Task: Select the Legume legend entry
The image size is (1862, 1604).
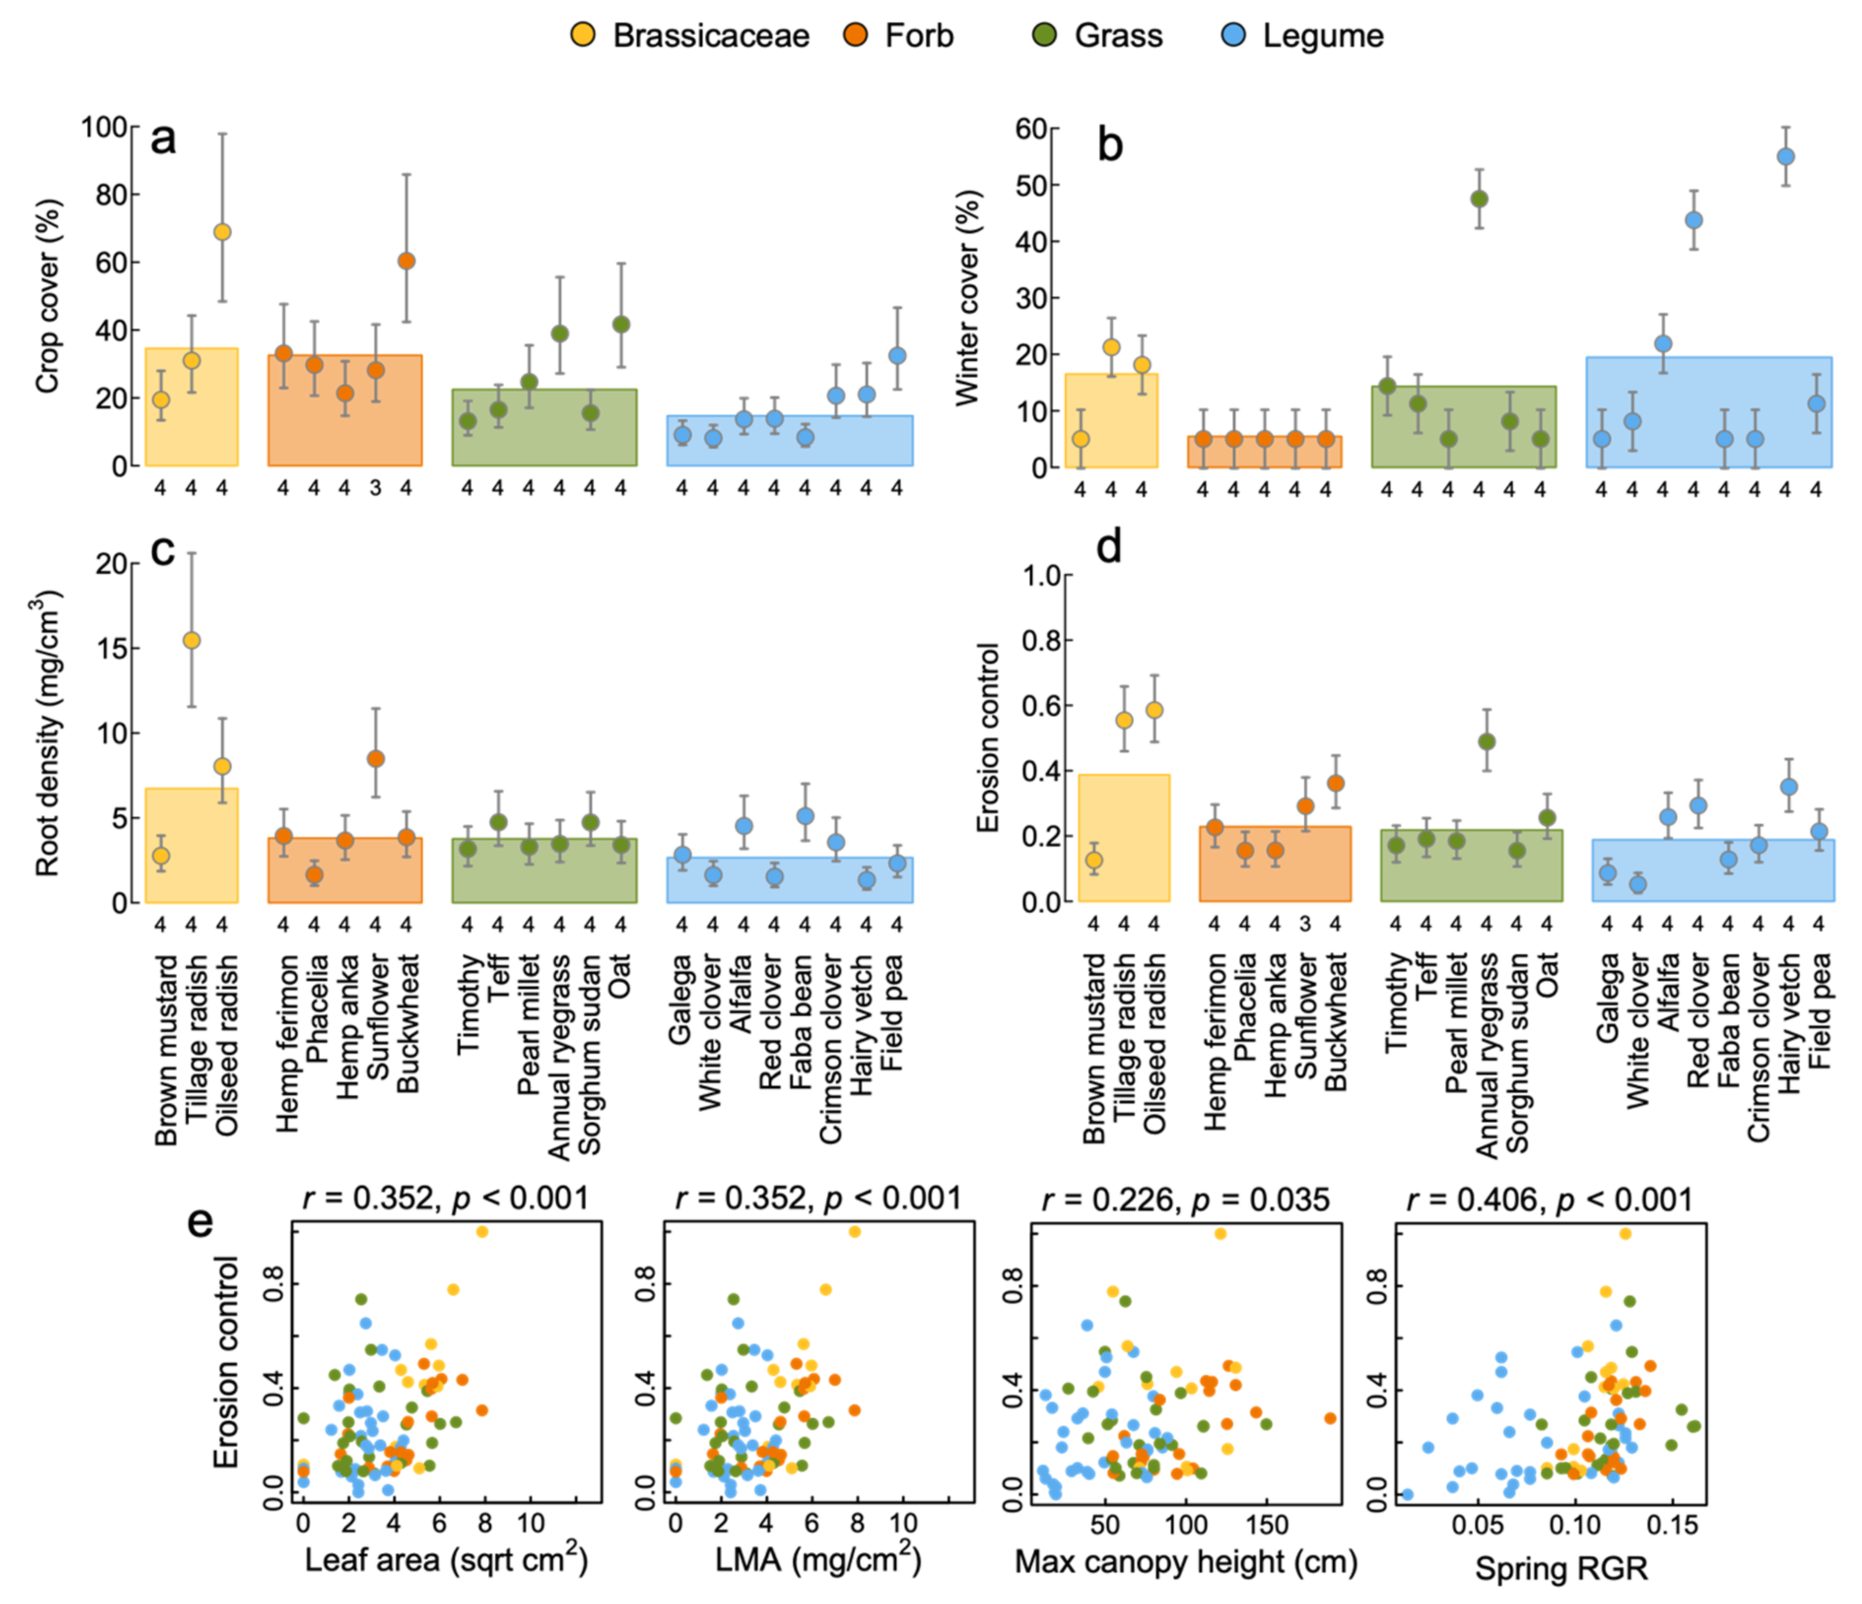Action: pyautogui.click(x=1303, y=36)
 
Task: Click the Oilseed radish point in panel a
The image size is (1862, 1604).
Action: pyautogui.click(x=222, y=232)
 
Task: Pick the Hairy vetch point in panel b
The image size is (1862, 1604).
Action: pyautogui.click(x=1786, y=156)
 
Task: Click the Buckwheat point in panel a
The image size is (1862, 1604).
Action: pyautogui.click(x=406, y=261)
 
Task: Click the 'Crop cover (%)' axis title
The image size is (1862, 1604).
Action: pyautogui.click(x=47, y=297)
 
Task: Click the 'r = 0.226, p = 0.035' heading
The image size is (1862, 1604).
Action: pyautogui.click(x=1185, y=1199)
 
